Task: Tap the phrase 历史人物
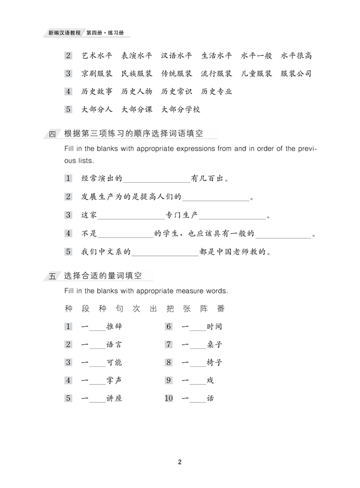click(136, 92)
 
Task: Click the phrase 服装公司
click(296, 74)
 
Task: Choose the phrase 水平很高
click(296, 56)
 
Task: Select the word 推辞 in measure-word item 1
click(114, 327)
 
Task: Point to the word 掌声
click(114, 381)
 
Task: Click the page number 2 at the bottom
click(179, 462)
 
